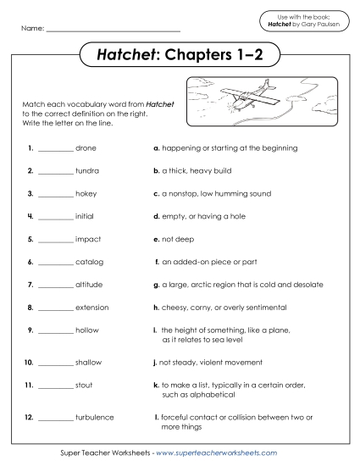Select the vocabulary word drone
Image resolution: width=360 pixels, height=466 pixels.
86,147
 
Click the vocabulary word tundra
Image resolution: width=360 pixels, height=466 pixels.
87,170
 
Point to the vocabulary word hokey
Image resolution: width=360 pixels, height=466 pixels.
86,193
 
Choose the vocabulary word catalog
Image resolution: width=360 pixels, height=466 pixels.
89,261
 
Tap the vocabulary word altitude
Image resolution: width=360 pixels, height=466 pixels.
89,284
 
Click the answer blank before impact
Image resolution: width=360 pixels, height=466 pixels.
56,240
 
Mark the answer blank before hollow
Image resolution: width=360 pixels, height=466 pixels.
56,330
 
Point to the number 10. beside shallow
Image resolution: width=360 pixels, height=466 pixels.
29,339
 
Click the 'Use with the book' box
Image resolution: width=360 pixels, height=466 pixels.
303,21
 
